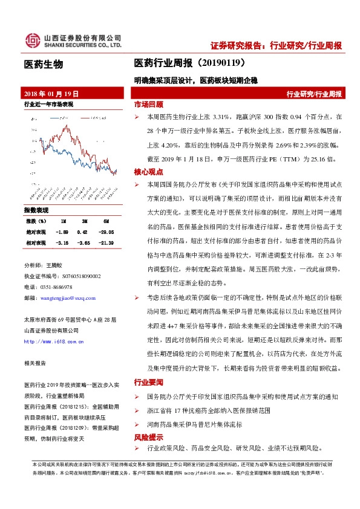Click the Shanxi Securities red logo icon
click(x=32, y=41)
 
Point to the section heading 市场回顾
click(x=148, y=104)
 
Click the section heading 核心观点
click(x=148, y=172)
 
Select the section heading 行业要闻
click(x=148, y=382)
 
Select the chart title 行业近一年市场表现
click(x=48, y=105)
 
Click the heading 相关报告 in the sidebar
click(x=34, y=363)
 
